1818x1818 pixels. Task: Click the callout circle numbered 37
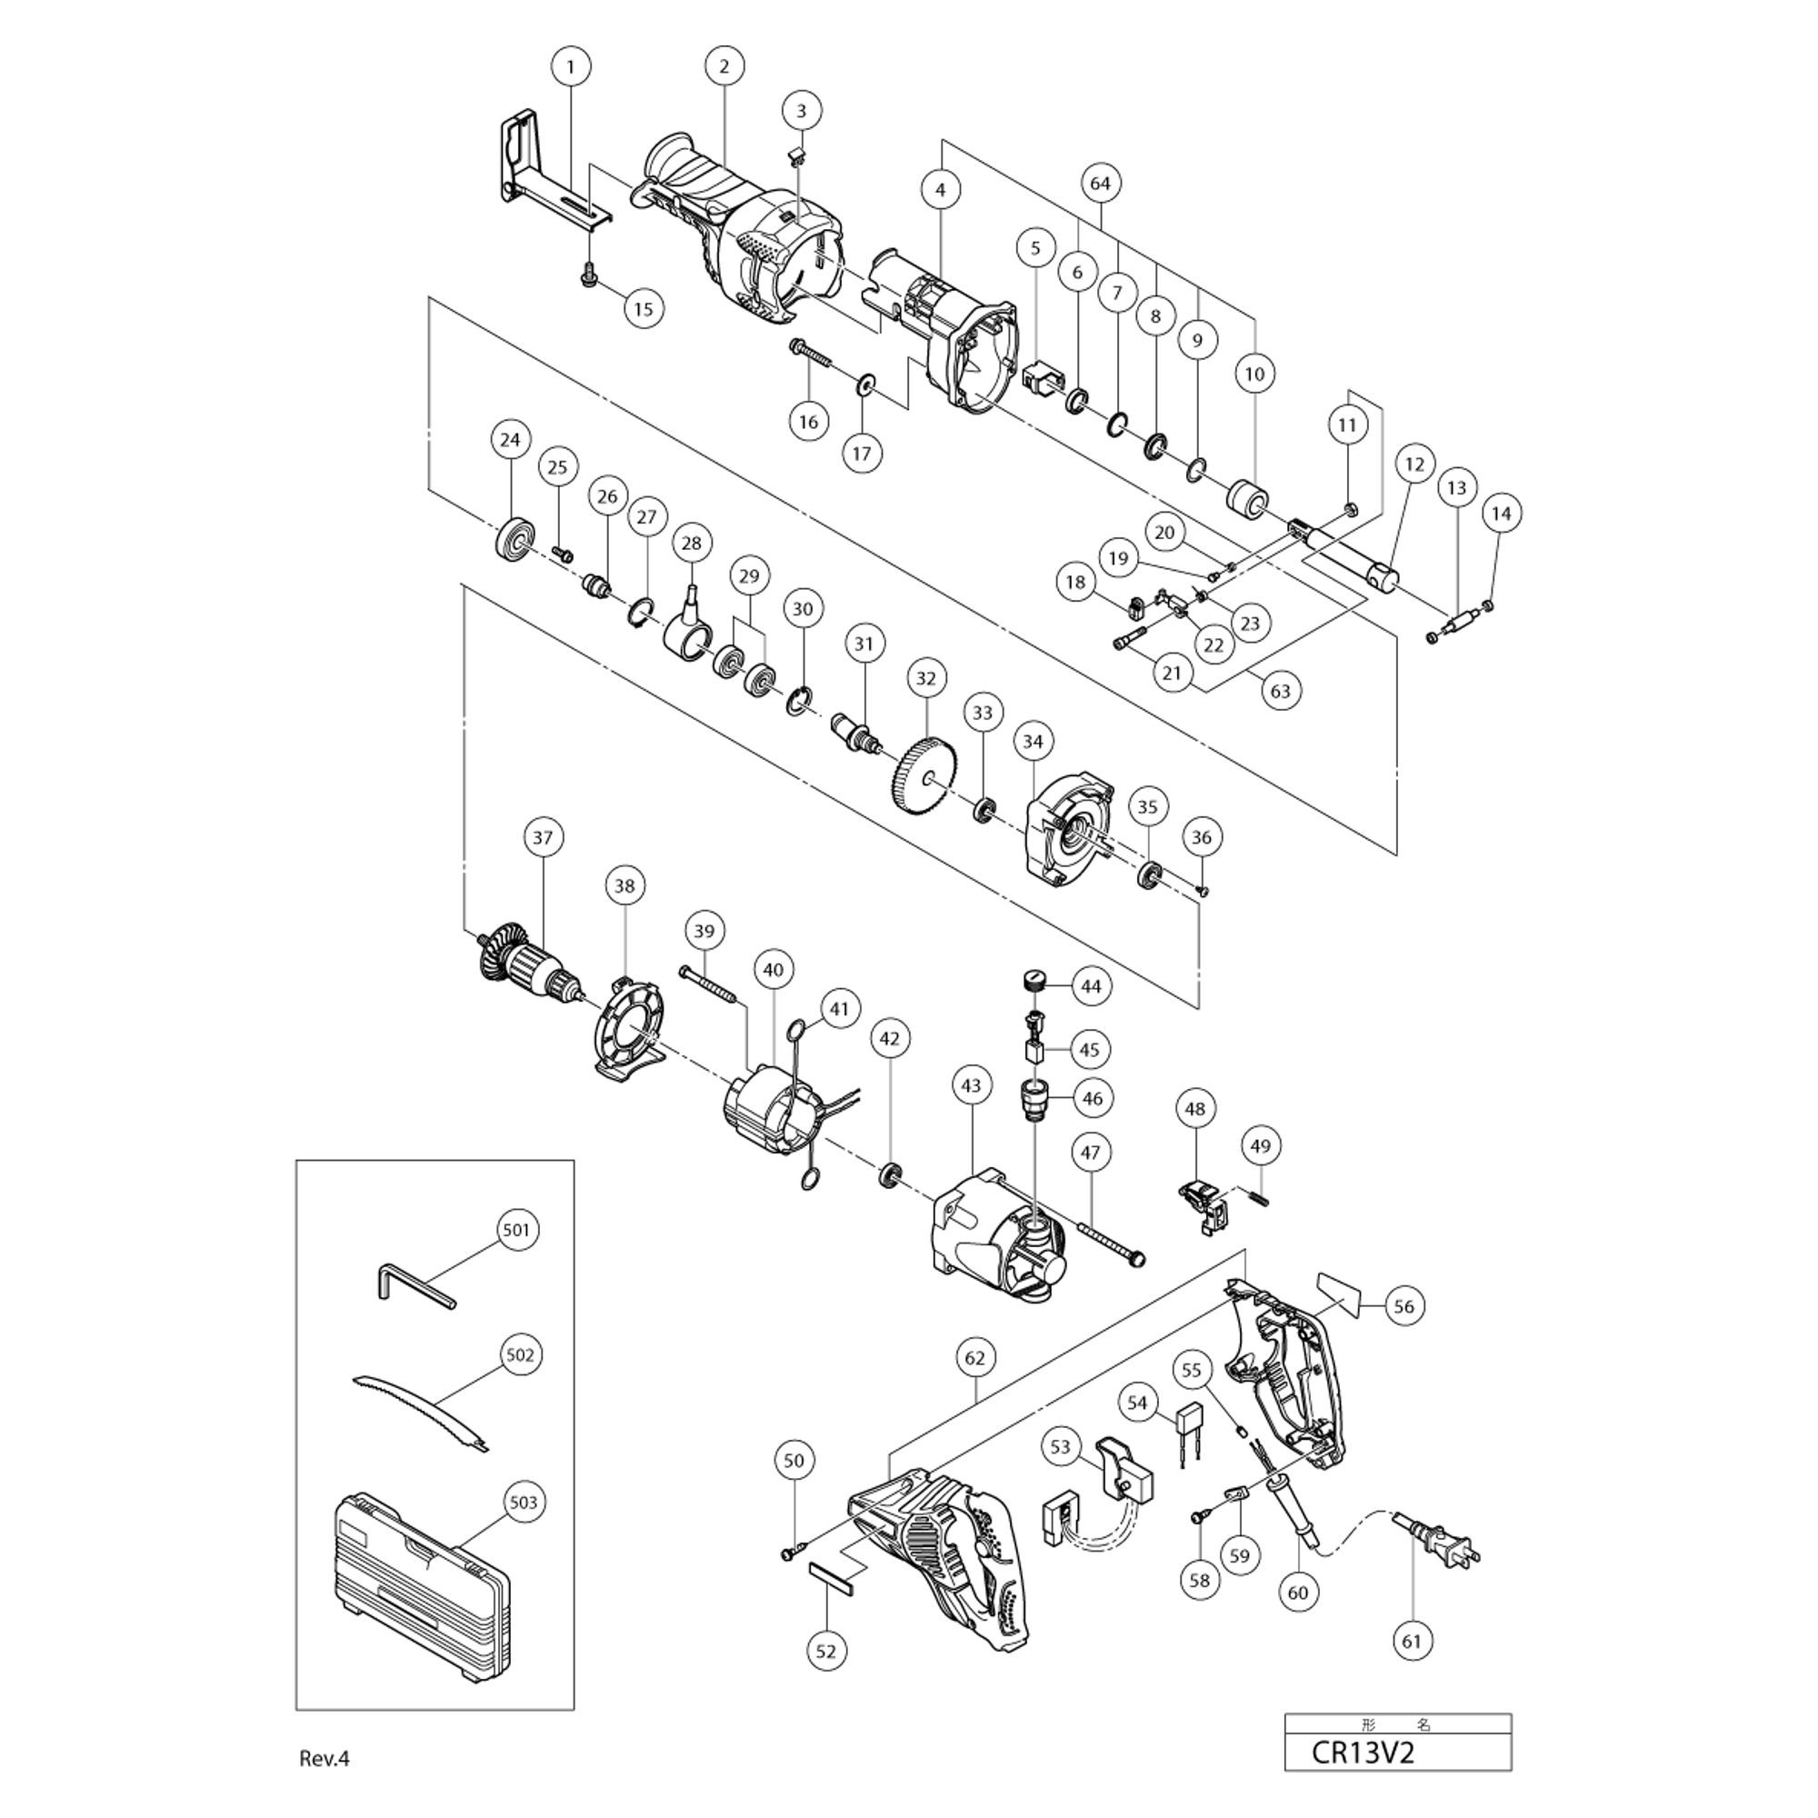pyautogui.click(x=543, y=836)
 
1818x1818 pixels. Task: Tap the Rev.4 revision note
pyautogui.click(x=325, y=1759)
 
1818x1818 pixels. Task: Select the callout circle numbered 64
pyautogui.click(x=1099, y=183)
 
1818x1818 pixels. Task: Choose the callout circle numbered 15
pyautogui.click(x=644, y=309)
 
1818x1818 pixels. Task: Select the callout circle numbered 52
pyautogui.click(x=826, y=1650)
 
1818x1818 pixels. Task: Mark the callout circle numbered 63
pyautogui.click(x=1281, y=691)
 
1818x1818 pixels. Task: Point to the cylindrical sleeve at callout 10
pyautogui.click(x=1250, y=499)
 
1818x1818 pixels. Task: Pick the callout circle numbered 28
pyautogui.click(x=692, y=543)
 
